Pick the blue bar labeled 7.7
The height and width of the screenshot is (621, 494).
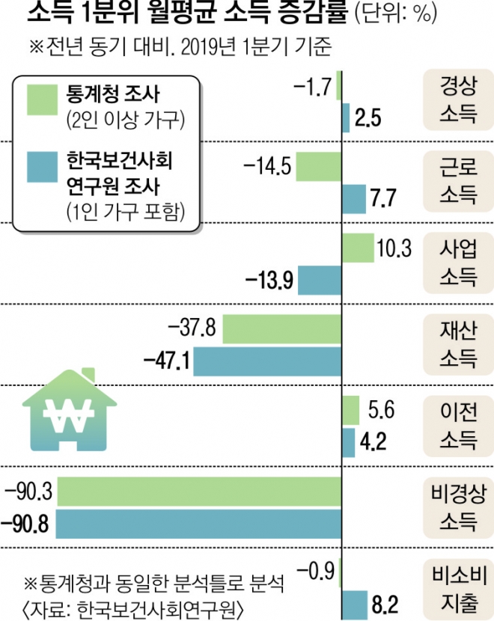click(354, 198)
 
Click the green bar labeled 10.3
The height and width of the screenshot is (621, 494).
click(358, 248)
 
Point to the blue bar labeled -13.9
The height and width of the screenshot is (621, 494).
click(320, 280)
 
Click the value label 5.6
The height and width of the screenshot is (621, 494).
click(381, 410)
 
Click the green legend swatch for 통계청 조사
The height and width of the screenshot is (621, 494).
click(42, 100)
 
